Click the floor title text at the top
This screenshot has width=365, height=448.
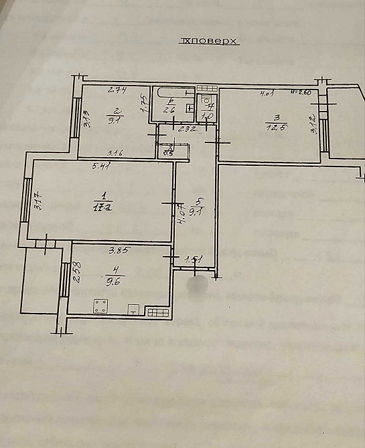pos(209,41)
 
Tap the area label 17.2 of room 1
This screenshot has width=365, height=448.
pos(102,208)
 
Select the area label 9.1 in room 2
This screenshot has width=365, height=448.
pos(115,122)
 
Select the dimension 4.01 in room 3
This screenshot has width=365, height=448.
pos(269,93)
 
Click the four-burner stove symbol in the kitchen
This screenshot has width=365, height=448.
pos(101,307)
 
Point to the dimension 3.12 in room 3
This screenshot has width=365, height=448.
pos(313,126)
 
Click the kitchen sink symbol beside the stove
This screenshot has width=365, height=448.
pos(134,310)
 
